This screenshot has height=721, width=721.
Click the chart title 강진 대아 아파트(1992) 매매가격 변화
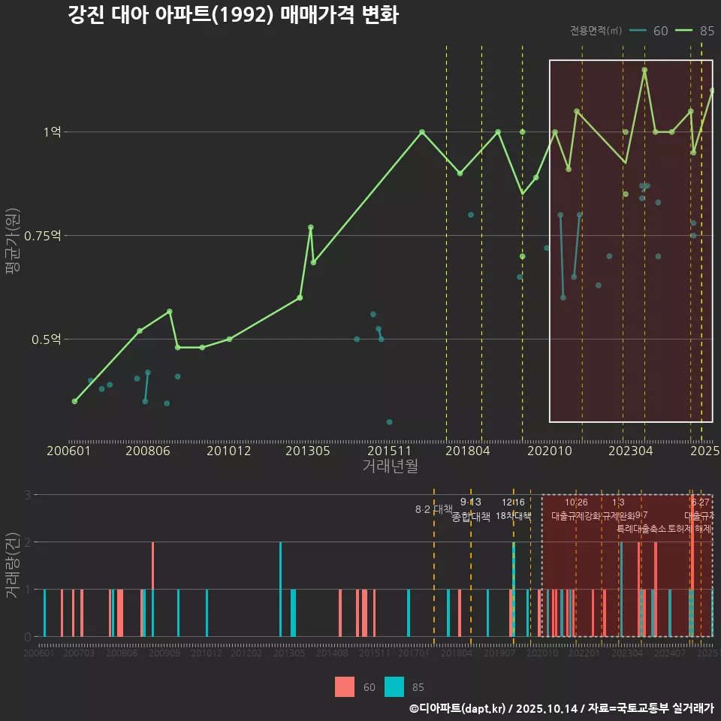point(233,16)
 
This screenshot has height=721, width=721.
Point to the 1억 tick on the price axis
point(52,132)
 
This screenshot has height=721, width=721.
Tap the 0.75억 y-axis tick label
point(42,236)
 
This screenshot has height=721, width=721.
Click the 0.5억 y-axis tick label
point(46,339)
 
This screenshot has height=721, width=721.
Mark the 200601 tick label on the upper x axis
point(68,451)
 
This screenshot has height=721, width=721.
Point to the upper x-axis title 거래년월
point(390,466)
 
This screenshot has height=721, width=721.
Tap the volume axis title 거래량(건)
point(12,566)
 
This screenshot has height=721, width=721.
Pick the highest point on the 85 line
point(644,70)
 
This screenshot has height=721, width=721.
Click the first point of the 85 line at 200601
point(74,401)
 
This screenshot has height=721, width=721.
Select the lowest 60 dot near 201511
point(389,422)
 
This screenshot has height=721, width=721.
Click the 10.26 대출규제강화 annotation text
point(576,509)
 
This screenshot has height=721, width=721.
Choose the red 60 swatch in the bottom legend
point(345,686)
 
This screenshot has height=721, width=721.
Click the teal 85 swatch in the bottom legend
point(394,686)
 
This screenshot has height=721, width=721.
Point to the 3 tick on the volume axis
point(27,495)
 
